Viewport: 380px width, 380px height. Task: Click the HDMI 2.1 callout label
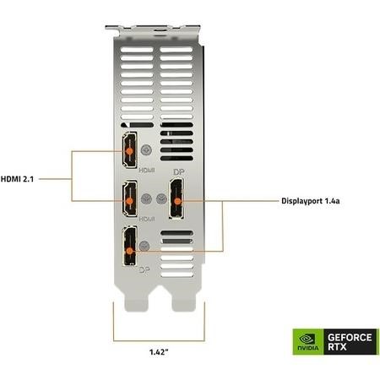click(x=17, y=179)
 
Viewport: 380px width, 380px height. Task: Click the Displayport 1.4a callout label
click(x=311, y=201)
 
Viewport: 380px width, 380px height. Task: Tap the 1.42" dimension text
click(x=159, y=352)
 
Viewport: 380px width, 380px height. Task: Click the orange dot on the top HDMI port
click(x=129, y=151)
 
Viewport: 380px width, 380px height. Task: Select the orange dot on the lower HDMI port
click(x=129, y=201)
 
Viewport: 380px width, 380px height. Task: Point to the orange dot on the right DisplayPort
click(x=177, y=201)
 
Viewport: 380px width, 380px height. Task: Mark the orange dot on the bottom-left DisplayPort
click(x=129, y=251)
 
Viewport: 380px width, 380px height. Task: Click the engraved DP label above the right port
click(x=179, y=172)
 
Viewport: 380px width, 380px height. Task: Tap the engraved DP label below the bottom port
click(x=144, y=270)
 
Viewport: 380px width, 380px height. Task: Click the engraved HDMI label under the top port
click(x=147, y=171)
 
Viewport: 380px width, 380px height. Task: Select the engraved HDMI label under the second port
click(x=147, y=219)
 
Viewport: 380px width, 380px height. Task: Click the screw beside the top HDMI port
click(x=146, y=150)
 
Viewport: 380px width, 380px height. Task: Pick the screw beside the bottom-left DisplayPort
click(x=144, y=246)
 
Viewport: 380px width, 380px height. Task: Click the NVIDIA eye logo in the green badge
click(x=307, y=339)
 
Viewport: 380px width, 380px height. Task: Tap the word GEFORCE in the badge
click(x=350, y=337)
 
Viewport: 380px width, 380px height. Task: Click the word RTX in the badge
click(x=337, y=347)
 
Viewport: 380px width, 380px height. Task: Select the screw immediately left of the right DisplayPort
click(x=161, y=199)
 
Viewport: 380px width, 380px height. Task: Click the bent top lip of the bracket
click(x=153, y=28)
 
